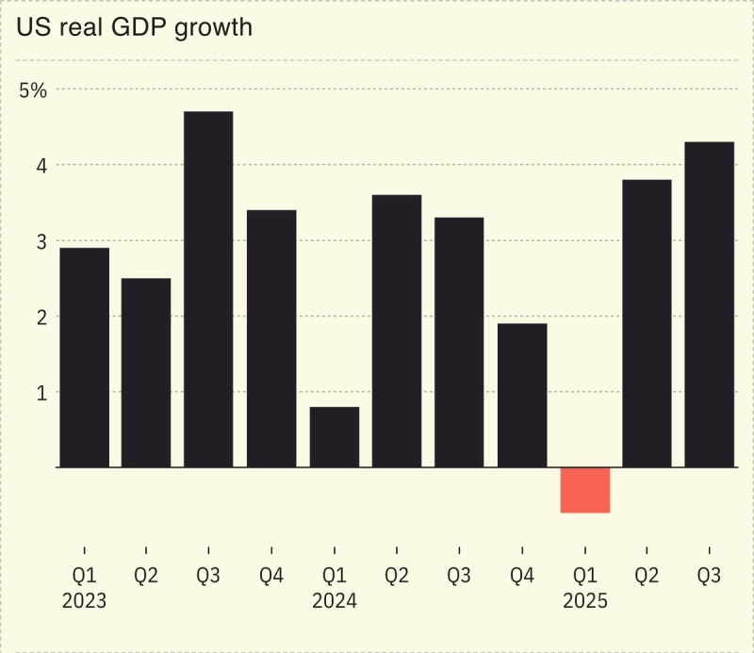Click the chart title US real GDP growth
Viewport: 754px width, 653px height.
click(134, 27)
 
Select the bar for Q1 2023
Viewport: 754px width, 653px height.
click(84, 357)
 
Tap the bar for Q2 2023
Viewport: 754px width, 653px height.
click(146, 372)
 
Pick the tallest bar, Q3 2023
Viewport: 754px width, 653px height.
click(208, 289)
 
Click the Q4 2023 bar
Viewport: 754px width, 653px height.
click(271, 338)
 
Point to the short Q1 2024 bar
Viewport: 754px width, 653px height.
click(334, 436)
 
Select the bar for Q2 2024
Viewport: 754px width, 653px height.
click(397, 331)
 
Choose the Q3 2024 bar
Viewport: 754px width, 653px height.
click(459, 342)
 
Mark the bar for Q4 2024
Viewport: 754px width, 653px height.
click(522, 395)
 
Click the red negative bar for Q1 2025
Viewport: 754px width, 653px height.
click(585, 490)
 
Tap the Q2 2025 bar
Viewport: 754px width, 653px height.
click(647, 323)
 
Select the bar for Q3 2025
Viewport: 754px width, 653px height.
click(709, 304)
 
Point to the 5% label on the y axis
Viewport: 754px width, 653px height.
click(33, 90)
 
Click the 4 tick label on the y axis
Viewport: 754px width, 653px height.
click(41, 166)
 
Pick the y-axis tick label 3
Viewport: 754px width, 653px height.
click(41, 241)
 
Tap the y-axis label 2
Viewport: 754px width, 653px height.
click(41, 317)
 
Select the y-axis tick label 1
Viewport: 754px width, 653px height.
click(41, 392)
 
